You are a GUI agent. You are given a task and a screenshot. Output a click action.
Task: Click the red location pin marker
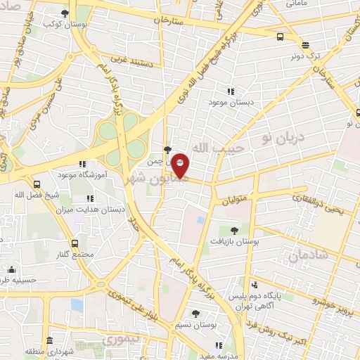click(181, 165)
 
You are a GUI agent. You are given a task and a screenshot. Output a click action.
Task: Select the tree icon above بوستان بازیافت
click(234, 229)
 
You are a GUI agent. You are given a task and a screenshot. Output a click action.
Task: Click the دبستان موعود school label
click(229, 103)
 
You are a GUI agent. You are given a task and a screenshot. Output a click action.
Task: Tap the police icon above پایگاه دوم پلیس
click(255, 285)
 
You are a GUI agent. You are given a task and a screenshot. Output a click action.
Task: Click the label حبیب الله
click(218, 147)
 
